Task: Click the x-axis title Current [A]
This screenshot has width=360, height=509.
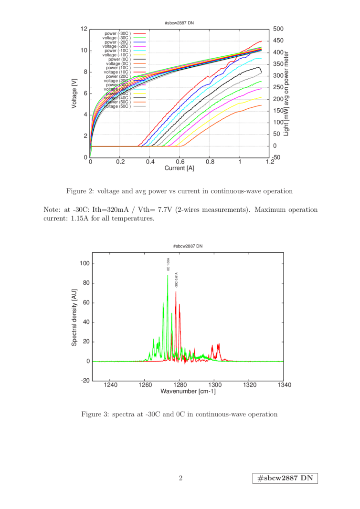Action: pos(179,168)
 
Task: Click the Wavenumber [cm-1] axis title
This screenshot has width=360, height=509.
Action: pos(188,392)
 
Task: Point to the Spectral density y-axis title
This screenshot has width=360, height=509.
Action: pos(74,322)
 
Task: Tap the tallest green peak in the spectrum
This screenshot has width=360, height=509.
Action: pos(168,274)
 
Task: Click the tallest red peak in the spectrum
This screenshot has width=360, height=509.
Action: pos(176,291)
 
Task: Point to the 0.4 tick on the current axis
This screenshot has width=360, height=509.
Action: pos(150,163)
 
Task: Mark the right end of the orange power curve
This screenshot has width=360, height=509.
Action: pos(262,105)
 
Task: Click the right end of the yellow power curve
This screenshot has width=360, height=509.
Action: pos(262,97)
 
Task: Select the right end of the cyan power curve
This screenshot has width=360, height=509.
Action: pos(262,59)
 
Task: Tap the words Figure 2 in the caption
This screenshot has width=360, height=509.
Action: pos(79,191)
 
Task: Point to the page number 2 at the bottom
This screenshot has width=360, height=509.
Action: pos(180,478)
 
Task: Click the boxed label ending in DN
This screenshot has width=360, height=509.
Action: pos(285,478)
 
